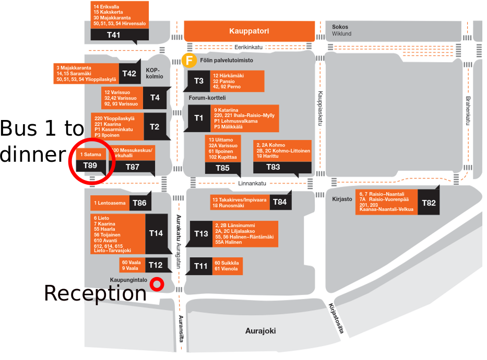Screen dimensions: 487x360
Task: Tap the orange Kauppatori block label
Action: coord(249,31)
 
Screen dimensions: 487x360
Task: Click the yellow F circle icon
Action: coord(189,60)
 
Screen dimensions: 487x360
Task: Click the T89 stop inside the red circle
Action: coord(91,166)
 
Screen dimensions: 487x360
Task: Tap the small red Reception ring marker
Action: coord(157,284)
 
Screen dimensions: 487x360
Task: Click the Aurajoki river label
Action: coord(260,331)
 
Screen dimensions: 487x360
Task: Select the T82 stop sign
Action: coord(429,202)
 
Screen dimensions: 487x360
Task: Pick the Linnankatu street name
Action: coord(252,184)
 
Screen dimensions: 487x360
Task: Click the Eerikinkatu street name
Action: coord(248,47)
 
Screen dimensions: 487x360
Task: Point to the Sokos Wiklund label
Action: coord(342,30)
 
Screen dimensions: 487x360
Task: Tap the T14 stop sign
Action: coord(156,233)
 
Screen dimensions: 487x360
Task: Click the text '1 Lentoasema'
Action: coord(110,203)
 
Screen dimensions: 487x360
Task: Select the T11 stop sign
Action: coord(200,266)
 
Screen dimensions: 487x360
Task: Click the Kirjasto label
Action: coord(342,199)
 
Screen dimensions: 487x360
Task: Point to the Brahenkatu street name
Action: coord(468,111)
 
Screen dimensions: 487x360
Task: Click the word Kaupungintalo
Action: coord(128,280)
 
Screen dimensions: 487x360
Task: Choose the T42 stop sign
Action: coord(129,74)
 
